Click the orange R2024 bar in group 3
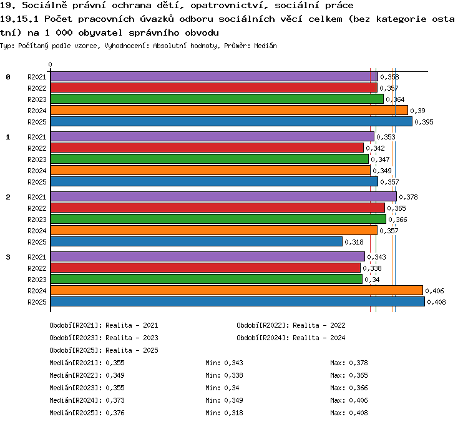pos(236,290)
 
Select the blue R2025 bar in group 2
pos(197,241)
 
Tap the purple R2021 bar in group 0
pos(214,76)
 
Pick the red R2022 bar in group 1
pos(207,148)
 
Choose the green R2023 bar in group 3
pos(207,279)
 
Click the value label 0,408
pos(436,302)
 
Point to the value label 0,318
pos(354,242)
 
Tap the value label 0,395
pos(424,122)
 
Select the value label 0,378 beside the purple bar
pos(408,197)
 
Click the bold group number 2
pos(8,197)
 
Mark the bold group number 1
pos(8,137)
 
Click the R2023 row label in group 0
pos(37,99)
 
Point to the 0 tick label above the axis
pos(50,64)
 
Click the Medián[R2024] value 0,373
pos(115,400)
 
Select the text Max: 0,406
pos(349,400)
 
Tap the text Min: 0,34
pos(222,388)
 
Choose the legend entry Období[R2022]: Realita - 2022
pos(291,325)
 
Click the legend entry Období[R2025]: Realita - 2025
pos(104,350)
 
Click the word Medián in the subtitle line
pos(265,46)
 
